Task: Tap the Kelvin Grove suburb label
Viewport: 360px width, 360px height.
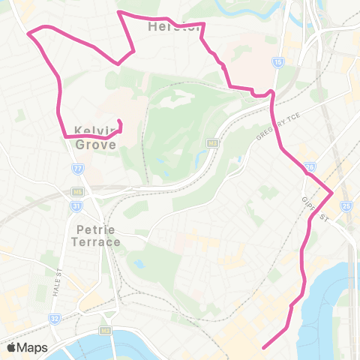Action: (x=95, y=136)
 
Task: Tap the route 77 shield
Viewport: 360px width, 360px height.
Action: (x=77, y=169)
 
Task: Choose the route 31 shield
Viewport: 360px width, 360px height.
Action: (x=76, y=205)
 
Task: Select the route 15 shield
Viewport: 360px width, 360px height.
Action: (x=278, y=62)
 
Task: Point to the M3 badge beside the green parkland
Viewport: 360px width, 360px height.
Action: (x=212, y=142)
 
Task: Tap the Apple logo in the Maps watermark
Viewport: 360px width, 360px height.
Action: (x=10, y=347)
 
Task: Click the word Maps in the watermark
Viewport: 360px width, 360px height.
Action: (x=32, y=347)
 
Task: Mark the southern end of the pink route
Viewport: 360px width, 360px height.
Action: (x=264, y=346)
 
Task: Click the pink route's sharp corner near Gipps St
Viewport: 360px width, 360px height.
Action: (x=331, y=192)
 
